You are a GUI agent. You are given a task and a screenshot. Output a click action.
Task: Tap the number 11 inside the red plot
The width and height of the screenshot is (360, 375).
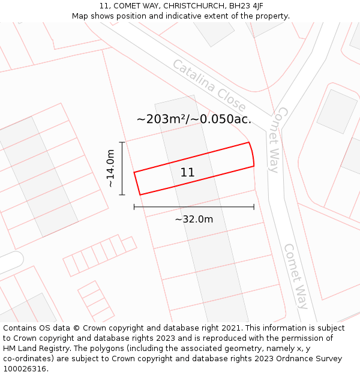[187, 173]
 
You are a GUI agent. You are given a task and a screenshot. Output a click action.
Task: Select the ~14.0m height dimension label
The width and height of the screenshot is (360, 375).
[111, 169]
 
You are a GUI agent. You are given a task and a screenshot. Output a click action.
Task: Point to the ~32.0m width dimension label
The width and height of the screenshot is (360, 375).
[194, 220]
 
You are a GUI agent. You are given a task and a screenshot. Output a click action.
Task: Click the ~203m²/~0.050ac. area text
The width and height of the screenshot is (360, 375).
[194, 119]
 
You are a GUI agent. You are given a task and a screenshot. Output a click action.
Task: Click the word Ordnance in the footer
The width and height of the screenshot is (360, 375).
[290, 359]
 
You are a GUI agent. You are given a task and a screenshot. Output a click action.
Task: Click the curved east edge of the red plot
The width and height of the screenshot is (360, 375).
[252, 154]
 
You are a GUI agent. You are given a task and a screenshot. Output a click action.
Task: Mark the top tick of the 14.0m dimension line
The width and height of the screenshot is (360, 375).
[122, 142]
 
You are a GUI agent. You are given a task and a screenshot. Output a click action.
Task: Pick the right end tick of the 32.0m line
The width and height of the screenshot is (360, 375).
[254, 207]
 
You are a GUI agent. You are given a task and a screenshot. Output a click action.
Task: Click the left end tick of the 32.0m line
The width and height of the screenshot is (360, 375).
[134, 207]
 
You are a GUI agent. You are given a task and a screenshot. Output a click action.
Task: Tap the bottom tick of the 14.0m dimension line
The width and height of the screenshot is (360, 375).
[122, 195]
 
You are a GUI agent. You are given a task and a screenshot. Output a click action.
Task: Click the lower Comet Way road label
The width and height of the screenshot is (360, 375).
[296, 276]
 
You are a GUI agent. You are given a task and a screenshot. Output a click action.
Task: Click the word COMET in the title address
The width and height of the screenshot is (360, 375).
[127, 6]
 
